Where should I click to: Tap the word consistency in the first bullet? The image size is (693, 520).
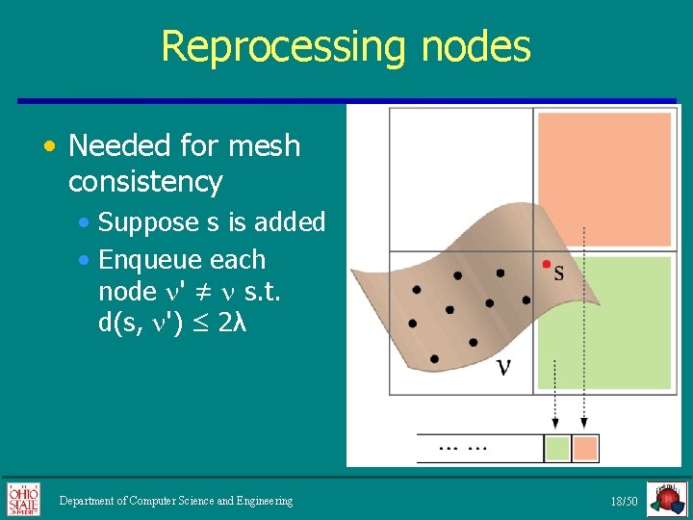(145, 181)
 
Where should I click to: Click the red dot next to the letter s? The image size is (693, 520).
(547, 263)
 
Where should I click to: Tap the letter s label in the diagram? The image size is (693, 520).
(559, 273)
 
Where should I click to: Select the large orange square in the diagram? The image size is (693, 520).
(603, 178)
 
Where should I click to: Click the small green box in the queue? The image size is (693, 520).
(557, 448)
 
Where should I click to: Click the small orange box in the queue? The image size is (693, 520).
(585, 448)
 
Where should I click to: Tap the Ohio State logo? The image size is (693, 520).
(24, 500)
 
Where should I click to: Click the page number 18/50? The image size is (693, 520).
(624, 502)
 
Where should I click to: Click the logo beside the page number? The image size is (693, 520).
(666, 500)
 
